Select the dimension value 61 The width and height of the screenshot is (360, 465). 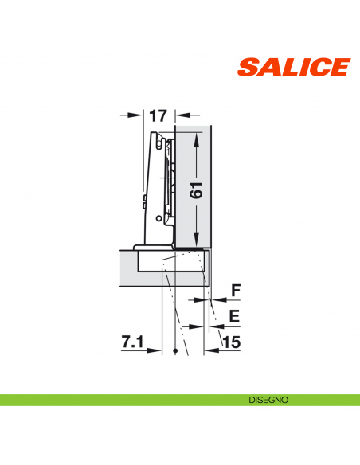point(196,190)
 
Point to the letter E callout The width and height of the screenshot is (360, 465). point(234,316)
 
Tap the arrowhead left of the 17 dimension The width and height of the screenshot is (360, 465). point(139,115)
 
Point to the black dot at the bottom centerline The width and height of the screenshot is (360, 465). point(174,350)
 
